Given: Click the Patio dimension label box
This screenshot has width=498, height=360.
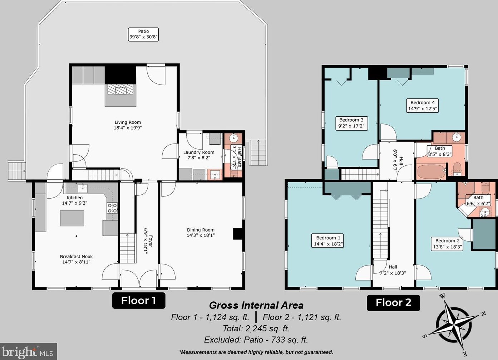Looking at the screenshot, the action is tap(143, 34).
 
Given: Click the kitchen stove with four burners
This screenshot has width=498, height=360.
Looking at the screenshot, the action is tap(112, 208).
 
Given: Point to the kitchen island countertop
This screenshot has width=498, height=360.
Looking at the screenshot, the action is tap(72, 218).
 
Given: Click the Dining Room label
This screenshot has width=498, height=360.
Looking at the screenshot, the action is tap(201, 233).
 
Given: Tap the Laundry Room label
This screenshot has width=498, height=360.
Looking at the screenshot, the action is tap(199, 155).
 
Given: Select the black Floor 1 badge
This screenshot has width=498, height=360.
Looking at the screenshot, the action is tap(138, 300).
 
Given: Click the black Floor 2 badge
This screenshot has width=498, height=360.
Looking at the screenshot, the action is tap(393, 303).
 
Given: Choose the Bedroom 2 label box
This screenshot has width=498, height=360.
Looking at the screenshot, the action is tap(447, 244).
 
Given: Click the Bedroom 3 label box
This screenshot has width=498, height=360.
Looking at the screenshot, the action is tap(351, 123).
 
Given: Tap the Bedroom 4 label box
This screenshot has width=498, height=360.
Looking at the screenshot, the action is tap(423, 106).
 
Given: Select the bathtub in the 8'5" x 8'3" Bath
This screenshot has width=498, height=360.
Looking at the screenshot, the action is tap(431, 172).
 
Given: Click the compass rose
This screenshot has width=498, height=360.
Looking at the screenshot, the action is tap(454, 325).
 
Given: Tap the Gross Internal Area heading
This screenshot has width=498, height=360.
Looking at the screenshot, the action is tap(256, 305).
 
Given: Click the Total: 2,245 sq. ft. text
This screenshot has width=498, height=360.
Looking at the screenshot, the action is tap(256, 329).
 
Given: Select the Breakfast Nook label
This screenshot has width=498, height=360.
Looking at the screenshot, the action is tap(76, 259).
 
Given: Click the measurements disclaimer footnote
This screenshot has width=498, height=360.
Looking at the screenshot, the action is tap(256, 352).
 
